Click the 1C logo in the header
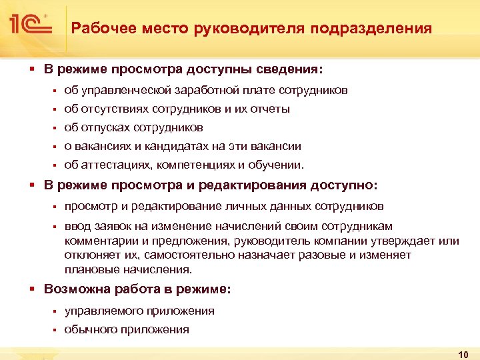31,25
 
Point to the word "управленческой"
119,90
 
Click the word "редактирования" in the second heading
250,185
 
